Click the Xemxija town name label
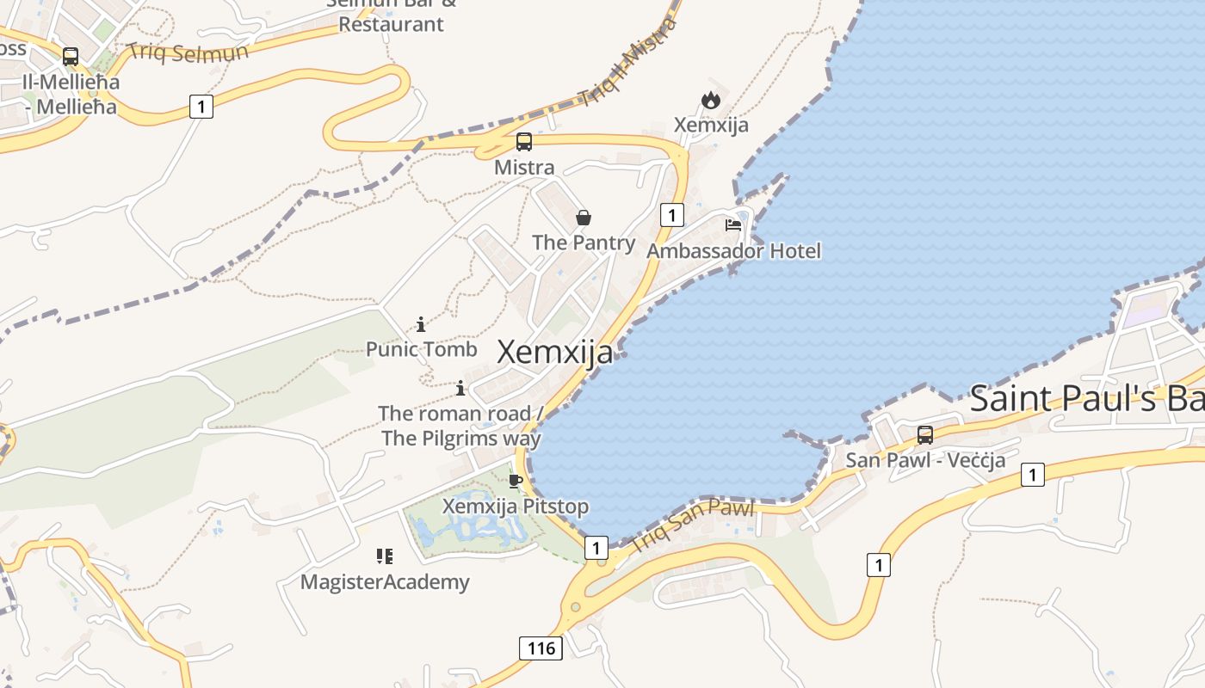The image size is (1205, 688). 555,352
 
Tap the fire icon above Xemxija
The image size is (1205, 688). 710,100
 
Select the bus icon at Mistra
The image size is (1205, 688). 523,142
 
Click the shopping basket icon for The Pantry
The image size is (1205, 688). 584,218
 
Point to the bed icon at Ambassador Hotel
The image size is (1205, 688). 733,225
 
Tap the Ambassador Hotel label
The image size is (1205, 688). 733,251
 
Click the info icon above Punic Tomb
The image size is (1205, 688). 421,324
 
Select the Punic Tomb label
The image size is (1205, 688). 421,349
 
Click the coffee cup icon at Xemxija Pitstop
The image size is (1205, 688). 516,481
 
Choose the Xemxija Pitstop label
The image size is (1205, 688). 516,507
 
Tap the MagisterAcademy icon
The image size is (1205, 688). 384,556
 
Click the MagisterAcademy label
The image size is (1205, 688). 385,582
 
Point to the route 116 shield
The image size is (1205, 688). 541,648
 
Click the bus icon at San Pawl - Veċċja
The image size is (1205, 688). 925,435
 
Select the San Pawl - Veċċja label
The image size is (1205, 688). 925,460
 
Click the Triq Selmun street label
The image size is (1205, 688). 188,52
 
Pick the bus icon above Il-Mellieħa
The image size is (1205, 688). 71,57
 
